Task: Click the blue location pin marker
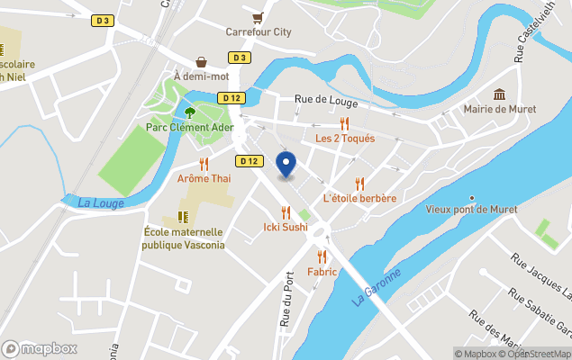tap(286, 165)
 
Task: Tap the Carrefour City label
tap(259, 32)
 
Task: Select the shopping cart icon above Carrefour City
tap(259, 17)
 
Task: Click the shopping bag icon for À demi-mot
tap(202, 62)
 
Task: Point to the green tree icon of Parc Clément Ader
tap(190, 112)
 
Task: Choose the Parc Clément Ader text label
tap(190, 128)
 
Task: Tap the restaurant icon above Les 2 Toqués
tap(344, 124)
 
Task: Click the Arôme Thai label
tap(204, 179)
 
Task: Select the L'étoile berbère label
tap(359, 198)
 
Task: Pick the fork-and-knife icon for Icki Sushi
tap(286, 212)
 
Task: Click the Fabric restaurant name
tap(322, 272)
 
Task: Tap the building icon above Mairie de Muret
tap(499, 94)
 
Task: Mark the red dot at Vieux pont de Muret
tap(472, 198)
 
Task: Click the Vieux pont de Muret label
tap(471, 210)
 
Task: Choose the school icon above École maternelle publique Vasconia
tap(183, 217)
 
